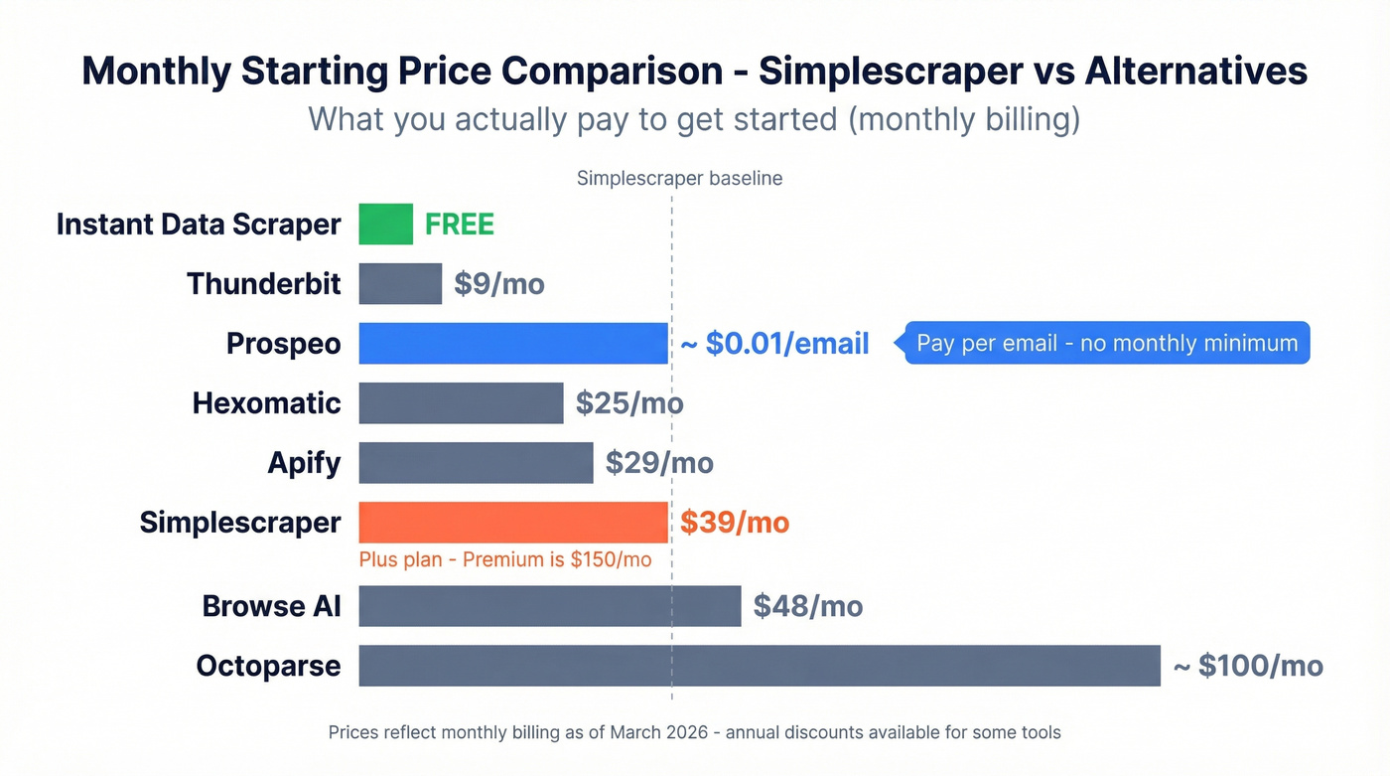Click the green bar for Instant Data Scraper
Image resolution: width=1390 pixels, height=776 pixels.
click(385, 224)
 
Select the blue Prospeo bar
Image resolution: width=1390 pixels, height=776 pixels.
click(512, 343)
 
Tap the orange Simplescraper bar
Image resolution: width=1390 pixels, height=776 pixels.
click(512, 523)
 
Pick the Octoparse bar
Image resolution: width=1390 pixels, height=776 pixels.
click(759, 665)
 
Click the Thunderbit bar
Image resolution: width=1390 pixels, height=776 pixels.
click(400, 283)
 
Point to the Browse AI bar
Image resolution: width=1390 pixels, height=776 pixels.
click(549, 605)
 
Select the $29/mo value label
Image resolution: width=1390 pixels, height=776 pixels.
click(659, 463)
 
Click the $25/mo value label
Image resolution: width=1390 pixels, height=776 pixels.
click(629, 403)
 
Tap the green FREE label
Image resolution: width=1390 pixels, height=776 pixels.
click(460, 225)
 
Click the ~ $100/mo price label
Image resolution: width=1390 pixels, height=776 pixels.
click(1248, 666)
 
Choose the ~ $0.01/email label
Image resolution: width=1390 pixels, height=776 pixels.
click(774, 344)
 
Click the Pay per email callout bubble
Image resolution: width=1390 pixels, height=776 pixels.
click(1106, 343)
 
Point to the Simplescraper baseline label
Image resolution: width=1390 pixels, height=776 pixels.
click(679, 179)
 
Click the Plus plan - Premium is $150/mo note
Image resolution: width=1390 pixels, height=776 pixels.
click(505, 559)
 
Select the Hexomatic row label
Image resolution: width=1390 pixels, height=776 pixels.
click(266, 403)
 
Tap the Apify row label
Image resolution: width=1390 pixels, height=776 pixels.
click(304, 463)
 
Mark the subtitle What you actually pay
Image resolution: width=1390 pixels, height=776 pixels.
click(693, 119)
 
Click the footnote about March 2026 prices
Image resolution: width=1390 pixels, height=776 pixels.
click(694, 732)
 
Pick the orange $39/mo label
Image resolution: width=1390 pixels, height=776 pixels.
click(735, 523)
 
